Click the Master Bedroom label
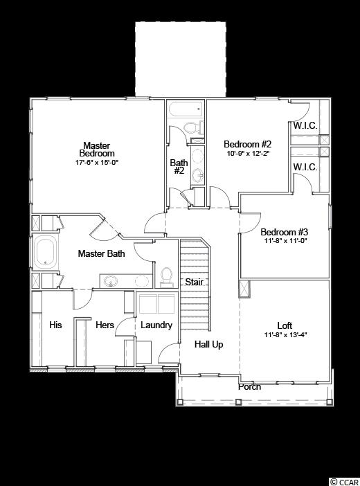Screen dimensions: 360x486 (x=97, y=150)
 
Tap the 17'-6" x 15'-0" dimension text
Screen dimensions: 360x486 (x=97, y=163)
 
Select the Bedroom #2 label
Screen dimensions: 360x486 (x=247, y=144)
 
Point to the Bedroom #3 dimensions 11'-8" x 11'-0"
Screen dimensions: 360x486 (x=284, y=240)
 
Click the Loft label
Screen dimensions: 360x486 (x=285, y=326)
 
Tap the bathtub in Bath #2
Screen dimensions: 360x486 (x=186, y=109)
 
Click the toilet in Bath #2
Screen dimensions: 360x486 (x=193, y=127)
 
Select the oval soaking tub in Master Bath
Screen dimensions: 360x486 (x=46, y=251)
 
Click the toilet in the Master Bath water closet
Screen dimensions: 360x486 (x=167, y=277)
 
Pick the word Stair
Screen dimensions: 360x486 (x=195, y=282)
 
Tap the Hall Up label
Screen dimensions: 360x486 (x=209, y=344)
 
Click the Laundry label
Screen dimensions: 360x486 (x=156, y=325)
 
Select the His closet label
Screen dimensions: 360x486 (x=55, y=325)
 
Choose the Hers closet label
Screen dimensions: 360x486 (x=105, y=325)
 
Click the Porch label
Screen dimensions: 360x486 (x=250, y=387)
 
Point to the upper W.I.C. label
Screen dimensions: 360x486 (x=305, y=126)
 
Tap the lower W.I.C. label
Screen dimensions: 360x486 (x=305, y=168)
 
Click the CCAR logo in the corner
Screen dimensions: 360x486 (x=344, y=482)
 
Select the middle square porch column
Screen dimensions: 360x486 (x=238, y=402)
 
